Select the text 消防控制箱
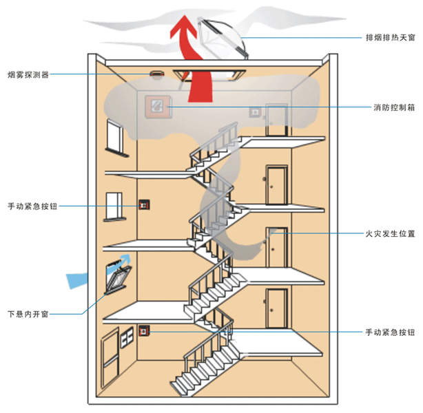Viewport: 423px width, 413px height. tap(394, 108)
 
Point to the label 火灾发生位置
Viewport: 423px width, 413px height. tap(390, 234)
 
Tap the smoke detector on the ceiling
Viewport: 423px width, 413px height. tap(154, 74)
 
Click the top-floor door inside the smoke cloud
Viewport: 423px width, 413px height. tap(276, 120)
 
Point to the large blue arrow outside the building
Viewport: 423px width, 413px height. tap(77, 279)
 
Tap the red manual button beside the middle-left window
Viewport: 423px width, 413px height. tap(145, 204)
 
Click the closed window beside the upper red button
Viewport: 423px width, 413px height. tap(114, 206)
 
